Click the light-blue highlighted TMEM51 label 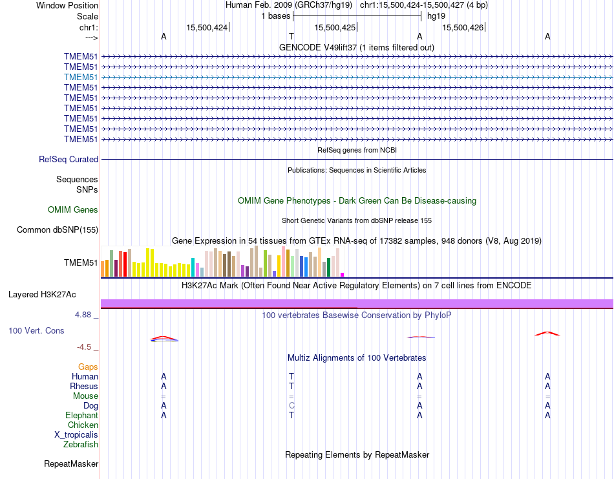click(x=81, y=77)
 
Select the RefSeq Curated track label click(x=69, y=159)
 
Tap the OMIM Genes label click(x=73, y=209)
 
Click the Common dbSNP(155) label click(x=58, y=229)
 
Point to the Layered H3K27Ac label click(x=42, y=295)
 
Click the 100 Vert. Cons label click(x=36, y=330)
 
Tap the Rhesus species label click(x=84, y=386)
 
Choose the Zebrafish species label click(x=81, y=444)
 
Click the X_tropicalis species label click(x=76, y=434)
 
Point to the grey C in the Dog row click(x=291, y=405)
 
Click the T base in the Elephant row click(x=291, y=415)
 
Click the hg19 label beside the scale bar click(x=436, y=16)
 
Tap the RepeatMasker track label click(x=71, y=463)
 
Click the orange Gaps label click(x=88, y=367)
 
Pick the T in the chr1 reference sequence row click(x=291, y=36)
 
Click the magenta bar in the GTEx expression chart click(x=343, y=274)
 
